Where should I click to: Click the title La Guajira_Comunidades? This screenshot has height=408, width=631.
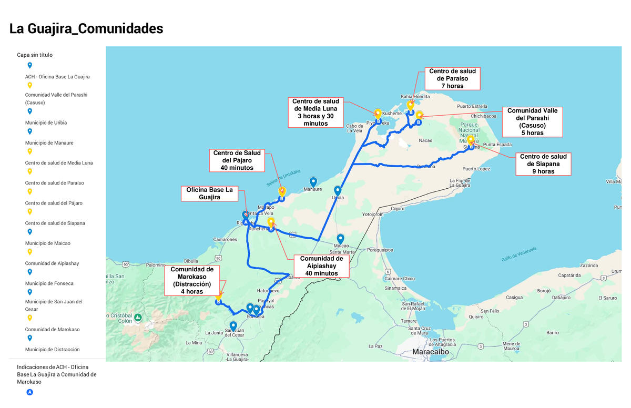pos(86,29)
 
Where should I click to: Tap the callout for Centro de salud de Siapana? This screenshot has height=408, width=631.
pos(543,164)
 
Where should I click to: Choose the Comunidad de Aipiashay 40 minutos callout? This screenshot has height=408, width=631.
pos(321,266)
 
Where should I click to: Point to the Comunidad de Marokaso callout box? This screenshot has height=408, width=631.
pos(192,280)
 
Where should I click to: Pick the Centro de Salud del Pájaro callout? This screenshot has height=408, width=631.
pos(237,160)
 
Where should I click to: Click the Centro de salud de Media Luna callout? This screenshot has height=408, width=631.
pos(315,112)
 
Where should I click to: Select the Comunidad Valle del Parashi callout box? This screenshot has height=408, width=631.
pos(532,122)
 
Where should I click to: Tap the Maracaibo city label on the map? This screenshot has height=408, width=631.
pos(430,351)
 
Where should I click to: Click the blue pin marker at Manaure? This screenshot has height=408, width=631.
pos(313,182)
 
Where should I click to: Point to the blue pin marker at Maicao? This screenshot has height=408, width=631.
pos(341,239)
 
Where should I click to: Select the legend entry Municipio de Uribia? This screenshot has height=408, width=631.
pos(46,123)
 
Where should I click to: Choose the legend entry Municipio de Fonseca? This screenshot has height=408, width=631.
pos(49,283)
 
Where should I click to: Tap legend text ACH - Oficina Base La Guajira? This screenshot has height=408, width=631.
pos(57,76)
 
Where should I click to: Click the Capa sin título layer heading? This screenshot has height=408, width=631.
pos(35,55)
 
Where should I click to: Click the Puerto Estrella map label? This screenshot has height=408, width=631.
pos(472,106)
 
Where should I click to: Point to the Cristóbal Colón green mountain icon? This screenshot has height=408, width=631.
pos(137,318)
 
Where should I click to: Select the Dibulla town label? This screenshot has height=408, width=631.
pos(191,261)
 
